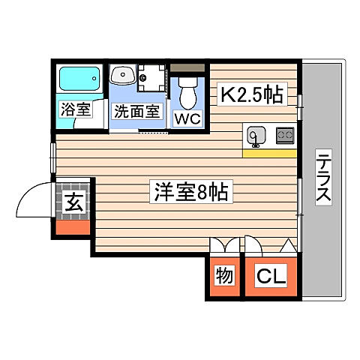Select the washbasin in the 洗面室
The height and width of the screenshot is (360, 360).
tap(122, 75)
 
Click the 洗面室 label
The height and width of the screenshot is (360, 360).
tap(136, 112)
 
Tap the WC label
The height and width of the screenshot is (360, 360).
tap(187, 118)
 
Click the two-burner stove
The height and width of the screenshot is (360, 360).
tap(285, 136)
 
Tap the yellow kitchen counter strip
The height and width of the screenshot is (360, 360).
tap(269, 153)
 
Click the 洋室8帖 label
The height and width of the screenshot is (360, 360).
tap(187, 192)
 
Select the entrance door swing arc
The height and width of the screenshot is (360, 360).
tap(35, 199)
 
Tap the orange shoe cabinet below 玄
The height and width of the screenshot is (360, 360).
tap(74, 225)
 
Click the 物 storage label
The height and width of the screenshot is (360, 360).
tap(224, 275)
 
